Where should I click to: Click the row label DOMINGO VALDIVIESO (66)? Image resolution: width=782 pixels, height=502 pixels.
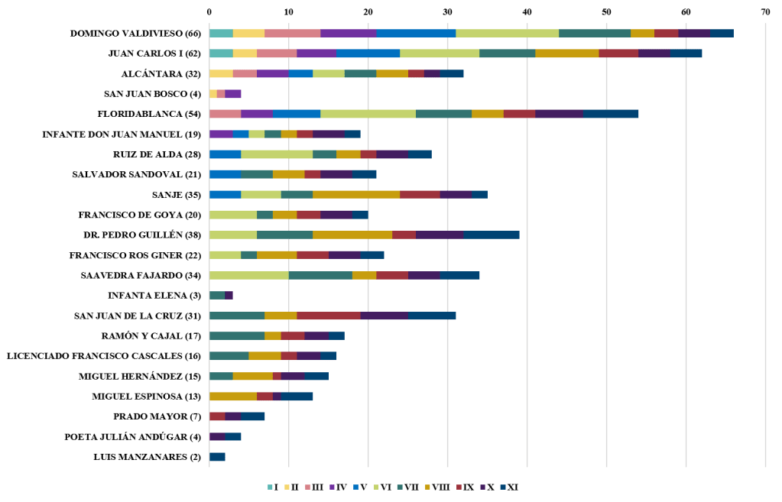[135, 34]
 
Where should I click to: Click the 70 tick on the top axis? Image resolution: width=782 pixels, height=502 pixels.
[765, 12]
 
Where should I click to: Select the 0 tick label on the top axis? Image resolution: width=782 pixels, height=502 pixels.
[209, 12]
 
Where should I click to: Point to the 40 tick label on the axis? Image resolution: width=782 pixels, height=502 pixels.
[527, 12]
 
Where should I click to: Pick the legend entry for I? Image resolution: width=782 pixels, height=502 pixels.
[271, 487]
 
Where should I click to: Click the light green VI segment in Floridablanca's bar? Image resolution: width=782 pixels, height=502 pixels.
[368, 114]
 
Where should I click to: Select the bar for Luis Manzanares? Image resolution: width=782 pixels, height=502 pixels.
[217, 457]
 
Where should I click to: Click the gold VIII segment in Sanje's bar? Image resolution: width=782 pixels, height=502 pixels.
[356, 194]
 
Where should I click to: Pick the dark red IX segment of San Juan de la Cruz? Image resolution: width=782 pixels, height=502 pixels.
[329, 316]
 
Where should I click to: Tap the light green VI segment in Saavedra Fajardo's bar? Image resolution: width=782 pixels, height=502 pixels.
[248, 275]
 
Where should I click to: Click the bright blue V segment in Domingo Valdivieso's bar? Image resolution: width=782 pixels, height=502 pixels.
[415, 33]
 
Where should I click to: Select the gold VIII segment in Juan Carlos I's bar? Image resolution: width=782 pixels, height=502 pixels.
[566, 53]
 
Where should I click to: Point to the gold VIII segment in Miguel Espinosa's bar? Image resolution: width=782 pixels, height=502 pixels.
[232, 397]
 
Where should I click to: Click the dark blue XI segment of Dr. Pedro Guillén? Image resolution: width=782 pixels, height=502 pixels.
[491, 235]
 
